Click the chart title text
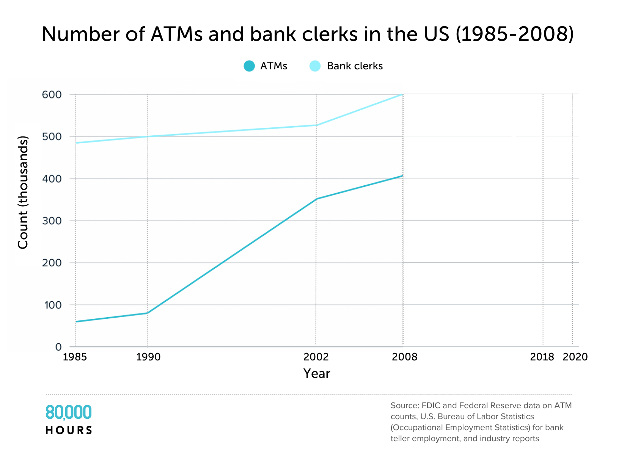pos(308,34)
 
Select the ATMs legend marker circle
pos(249,66)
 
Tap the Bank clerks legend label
pos(355,66)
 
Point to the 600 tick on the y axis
pos(52,94)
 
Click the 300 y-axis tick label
pos(52,221)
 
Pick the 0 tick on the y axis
pos(58,347)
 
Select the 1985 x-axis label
pos(75,357)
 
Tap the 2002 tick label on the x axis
pos(316,357)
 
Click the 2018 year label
pos(542,357)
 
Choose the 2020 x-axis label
pos(575,357)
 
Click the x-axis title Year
pos(317,374)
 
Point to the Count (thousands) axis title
pos(23,193)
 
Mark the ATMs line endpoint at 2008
pos(402,176)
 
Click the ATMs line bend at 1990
pos(147,313)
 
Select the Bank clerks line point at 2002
pos(316,125)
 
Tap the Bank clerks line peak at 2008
pos(402,94)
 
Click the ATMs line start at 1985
pos(76,321)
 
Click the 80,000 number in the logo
pos(69,412)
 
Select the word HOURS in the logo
pos(69,430)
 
